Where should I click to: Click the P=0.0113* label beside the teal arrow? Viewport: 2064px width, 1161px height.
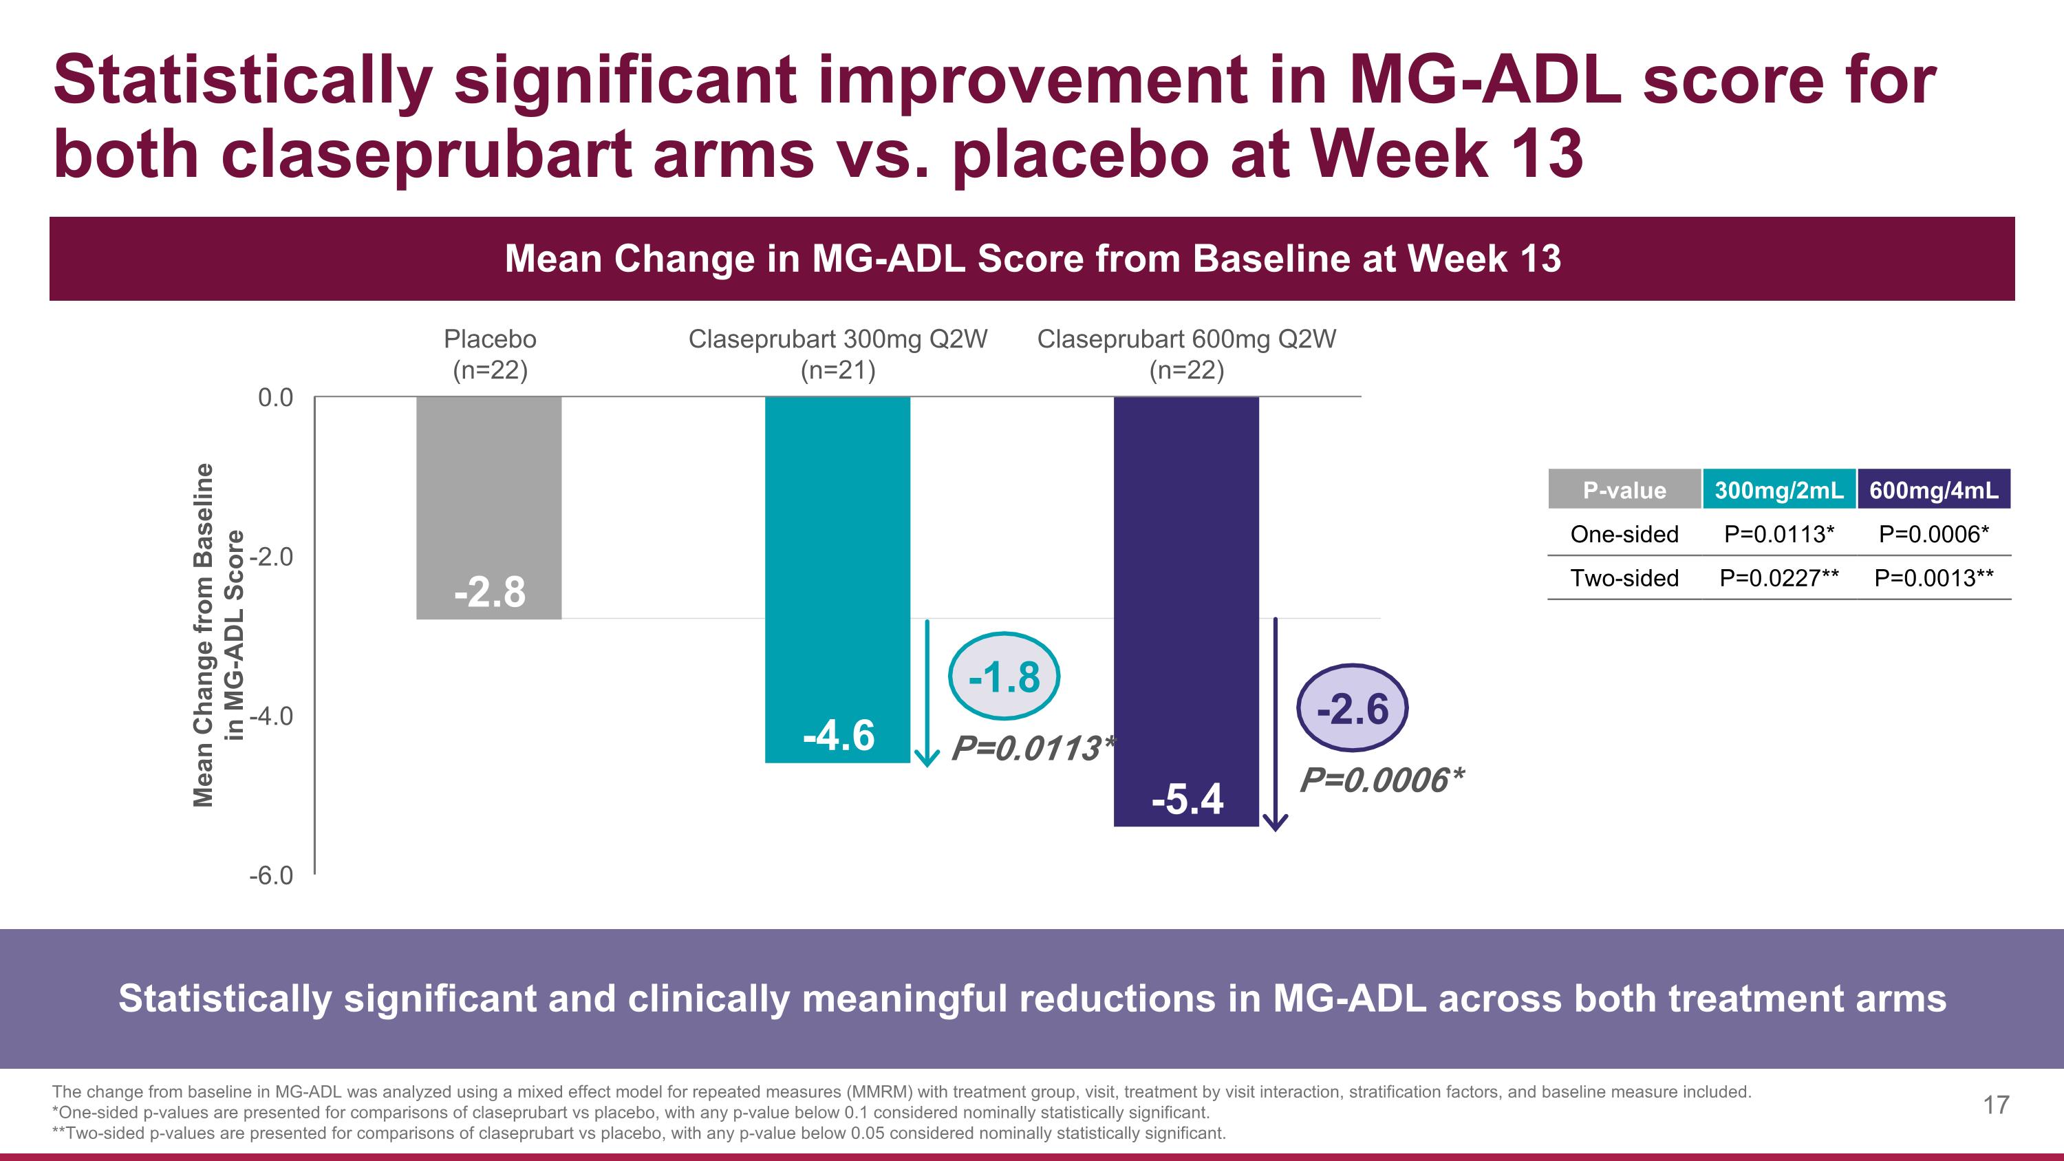pos(1032,748)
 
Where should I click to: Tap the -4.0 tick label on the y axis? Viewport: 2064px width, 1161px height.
pos(271,716)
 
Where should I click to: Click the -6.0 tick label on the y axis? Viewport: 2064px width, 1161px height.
pos(271,875)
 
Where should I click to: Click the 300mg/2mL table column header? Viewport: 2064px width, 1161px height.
pos(1778,489)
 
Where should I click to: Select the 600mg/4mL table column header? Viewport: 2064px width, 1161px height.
pos(1933,489)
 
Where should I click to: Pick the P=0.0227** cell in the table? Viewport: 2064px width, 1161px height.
pos(1778,577)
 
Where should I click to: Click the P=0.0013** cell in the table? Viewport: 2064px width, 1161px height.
pos(1933,577)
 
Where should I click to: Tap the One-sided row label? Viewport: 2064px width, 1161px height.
pos(1624,533)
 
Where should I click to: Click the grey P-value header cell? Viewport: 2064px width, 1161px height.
pos(1624,489)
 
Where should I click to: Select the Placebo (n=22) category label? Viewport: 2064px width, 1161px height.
pos(490,354)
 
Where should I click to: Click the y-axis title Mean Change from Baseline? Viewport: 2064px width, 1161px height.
pos(204,635)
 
